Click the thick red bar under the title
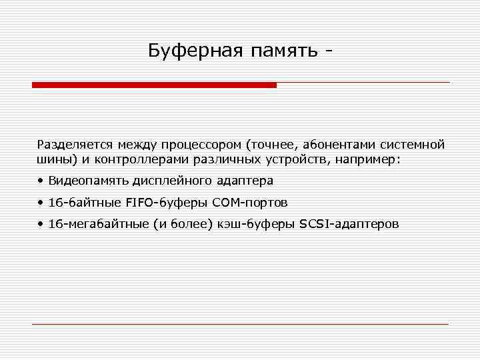[x=154, y=85]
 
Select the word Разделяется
[x=74, y=144]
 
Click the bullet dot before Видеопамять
[x=41, y=181]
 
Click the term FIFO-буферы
[x=151, y=203]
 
